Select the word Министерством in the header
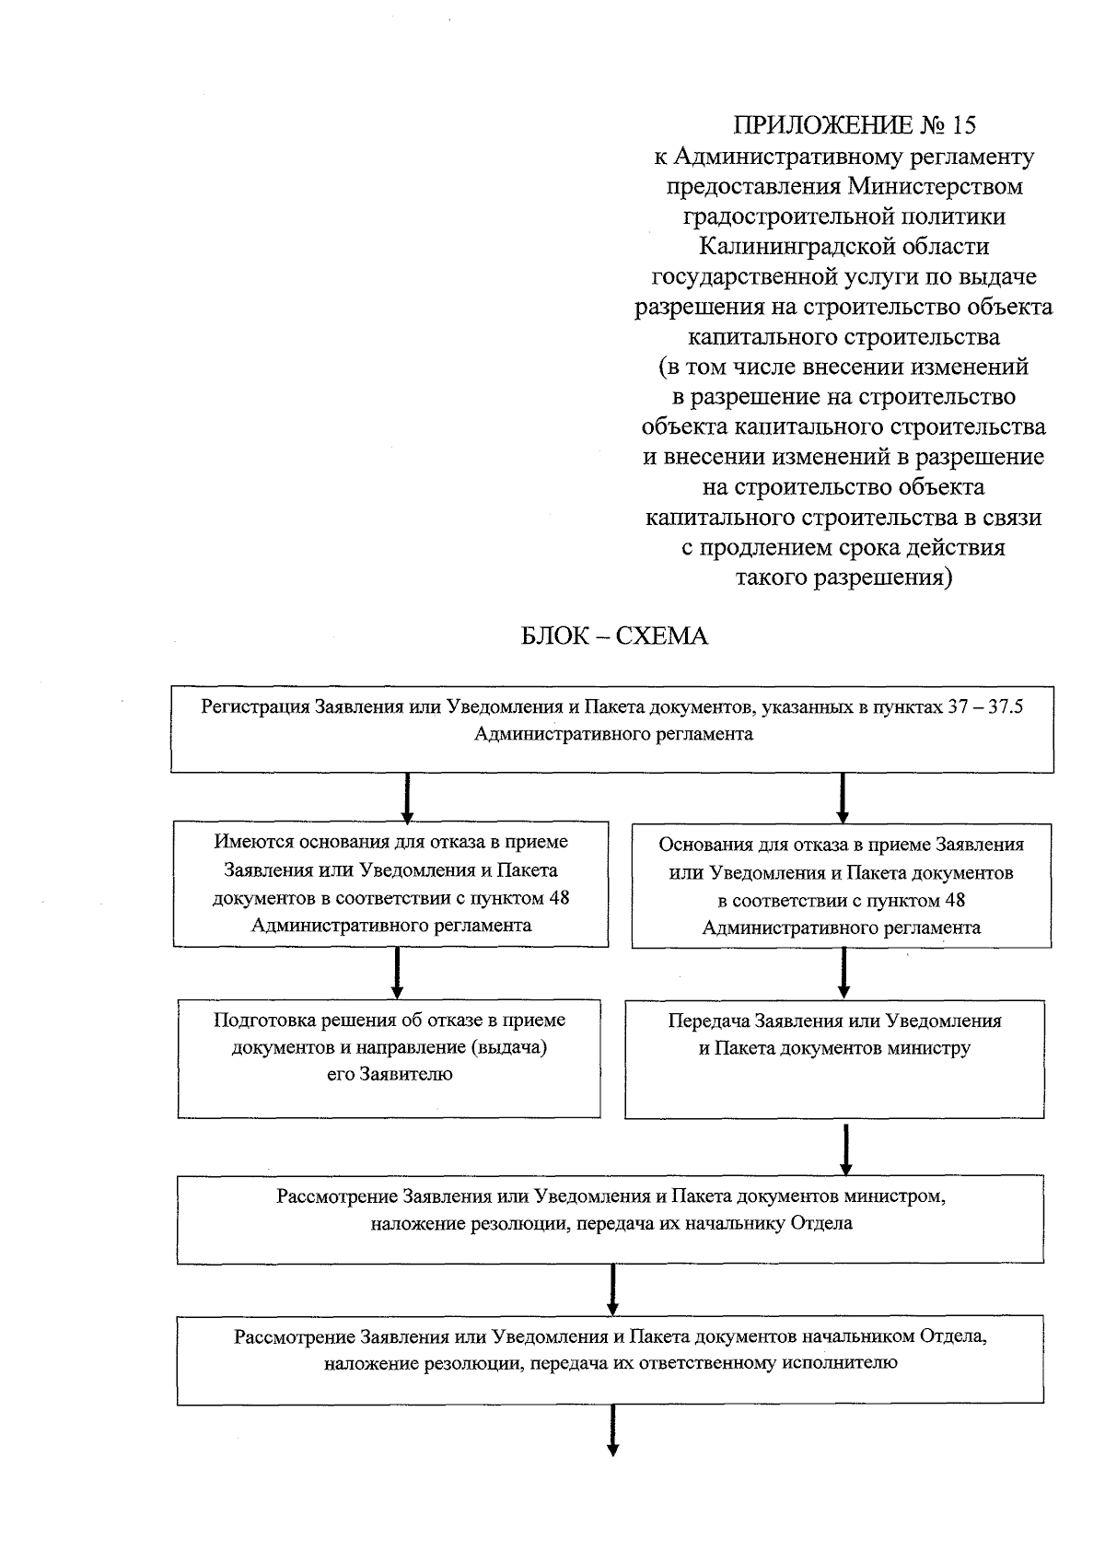coord(936,186)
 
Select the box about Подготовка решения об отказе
coord(389,1059)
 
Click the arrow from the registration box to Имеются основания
coord(407,798)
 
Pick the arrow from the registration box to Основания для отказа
coord(842,798)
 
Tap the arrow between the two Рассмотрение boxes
coord(612,1289)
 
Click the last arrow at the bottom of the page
coord(611,1431)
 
